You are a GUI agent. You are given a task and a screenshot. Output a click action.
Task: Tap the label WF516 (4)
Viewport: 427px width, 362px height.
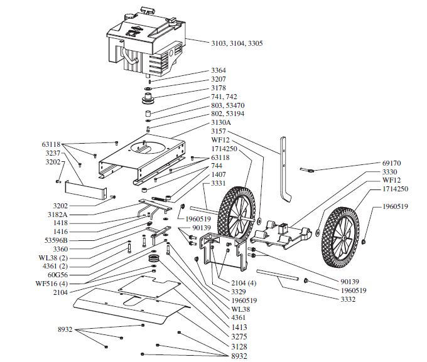click(x=50, y=284)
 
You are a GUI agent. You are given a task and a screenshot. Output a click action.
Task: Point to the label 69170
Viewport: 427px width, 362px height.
click(x=391, y=163)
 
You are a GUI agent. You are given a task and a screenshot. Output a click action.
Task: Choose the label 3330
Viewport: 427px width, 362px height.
click(x=389, y=171)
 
